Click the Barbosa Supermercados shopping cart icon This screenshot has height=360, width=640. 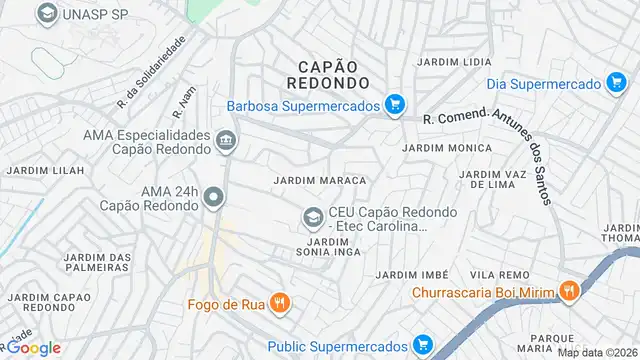396,104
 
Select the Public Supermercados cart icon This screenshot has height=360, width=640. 423,346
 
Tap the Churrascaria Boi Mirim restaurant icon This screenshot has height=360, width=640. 570,292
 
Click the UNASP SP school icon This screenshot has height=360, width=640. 46,14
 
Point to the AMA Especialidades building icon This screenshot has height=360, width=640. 226,141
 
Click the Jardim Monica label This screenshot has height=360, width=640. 447,148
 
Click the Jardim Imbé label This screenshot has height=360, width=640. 409,274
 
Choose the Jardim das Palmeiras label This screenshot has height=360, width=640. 98,263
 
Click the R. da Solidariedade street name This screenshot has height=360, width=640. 152,72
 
